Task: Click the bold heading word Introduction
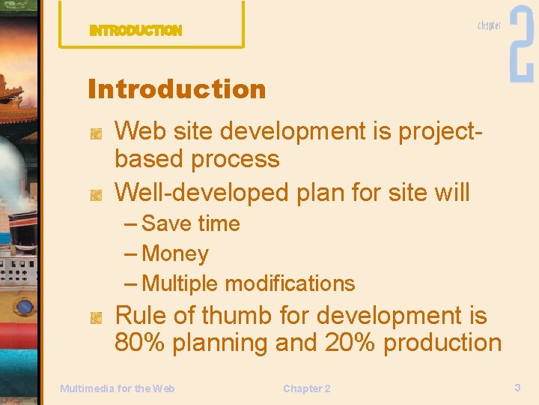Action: click(x=177, y=89)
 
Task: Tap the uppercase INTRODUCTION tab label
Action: click(x=135, y=31)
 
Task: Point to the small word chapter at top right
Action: click(x=490, y=25)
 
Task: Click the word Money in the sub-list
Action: click(x=174, y=253)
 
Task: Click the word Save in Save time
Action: click(x=166, y=223)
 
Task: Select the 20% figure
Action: click(x=350, y=343)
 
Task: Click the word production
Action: click(x=442, y=343)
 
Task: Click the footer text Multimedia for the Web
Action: click(x=117, y=388)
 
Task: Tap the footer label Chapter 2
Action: click(x=306, y=388)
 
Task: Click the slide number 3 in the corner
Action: click(x=517, y=387)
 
